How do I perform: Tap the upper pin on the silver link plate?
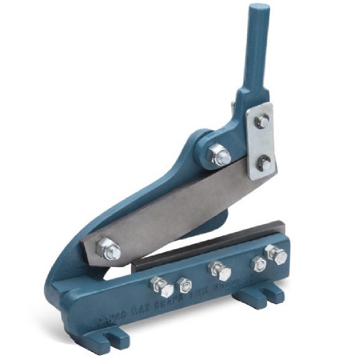262,122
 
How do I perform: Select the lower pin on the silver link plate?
264,163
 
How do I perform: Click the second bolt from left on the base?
185,285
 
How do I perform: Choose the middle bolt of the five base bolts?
220,271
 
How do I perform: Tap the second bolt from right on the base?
258,264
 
